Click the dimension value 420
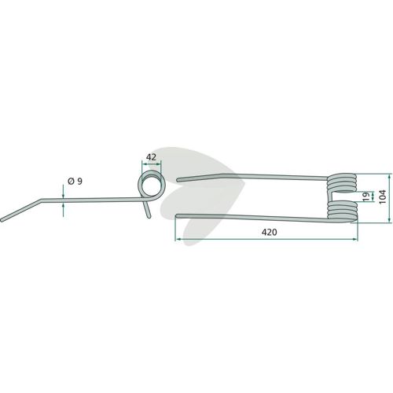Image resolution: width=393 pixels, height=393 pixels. tap(269, 232)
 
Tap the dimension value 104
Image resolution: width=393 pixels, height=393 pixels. tap(383, 196)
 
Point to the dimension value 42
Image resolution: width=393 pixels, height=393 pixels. tap(152, 157)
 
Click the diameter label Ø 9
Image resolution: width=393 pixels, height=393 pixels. tap(75, 181)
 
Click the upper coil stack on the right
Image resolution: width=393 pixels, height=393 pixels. tap(342, 183)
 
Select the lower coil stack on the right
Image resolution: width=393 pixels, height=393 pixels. tap(342, 211)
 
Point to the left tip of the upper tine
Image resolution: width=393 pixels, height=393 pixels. tap(178, 180)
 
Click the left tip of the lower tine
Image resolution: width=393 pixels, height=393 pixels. tap(178, 215)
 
